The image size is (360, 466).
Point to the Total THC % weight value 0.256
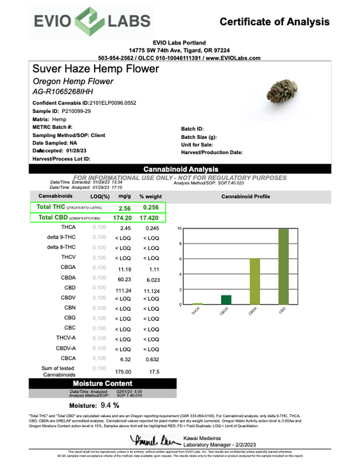pyautogui.click(x=151, y=208)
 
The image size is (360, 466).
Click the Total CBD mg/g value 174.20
pyautogui.click(x=121, y=218)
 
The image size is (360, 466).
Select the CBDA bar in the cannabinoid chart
pyautogui.click(x=255, y=282)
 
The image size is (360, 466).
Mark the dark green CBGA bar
pyautogui.click(x=226, y=300)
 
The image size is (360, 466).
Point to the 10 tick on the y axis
pyautogui.click(x=179, y=229)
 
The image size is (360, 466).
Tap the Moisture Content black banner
pyautogui.click(x=102, y=383)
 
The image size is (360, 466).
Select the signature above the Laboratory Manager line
pyautogui.click(x=149, y=439)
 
